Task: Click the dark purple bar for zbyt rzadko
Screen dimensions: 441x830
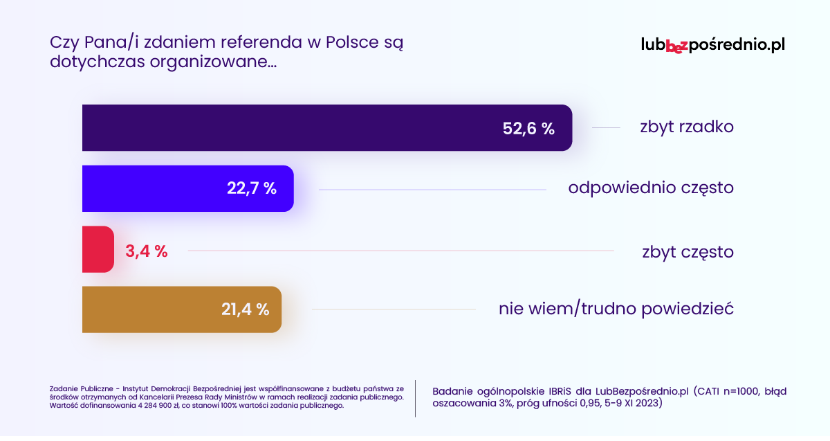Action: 290,127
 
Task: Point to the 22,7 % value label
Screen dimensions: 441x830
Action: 252,188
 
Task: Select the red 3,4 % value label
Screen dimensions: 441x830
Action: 147,251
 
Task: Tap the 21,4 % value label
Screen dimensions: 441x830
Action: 245,310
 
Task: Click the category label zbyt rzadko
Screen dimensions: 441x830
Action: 686,128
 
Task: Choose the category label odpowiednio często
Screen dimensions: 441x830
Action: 651,188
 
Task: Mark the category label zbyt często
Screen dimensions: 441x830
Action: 688,252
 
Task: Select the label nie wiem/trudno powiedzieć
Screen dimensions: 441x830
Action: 616,309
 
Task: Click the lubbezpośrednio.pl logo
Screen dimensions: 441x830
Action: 713,45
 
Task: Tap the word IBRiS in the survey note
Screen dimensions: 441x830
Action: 544,391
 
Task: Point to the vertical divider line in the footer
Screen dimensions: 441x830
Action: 415,398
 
